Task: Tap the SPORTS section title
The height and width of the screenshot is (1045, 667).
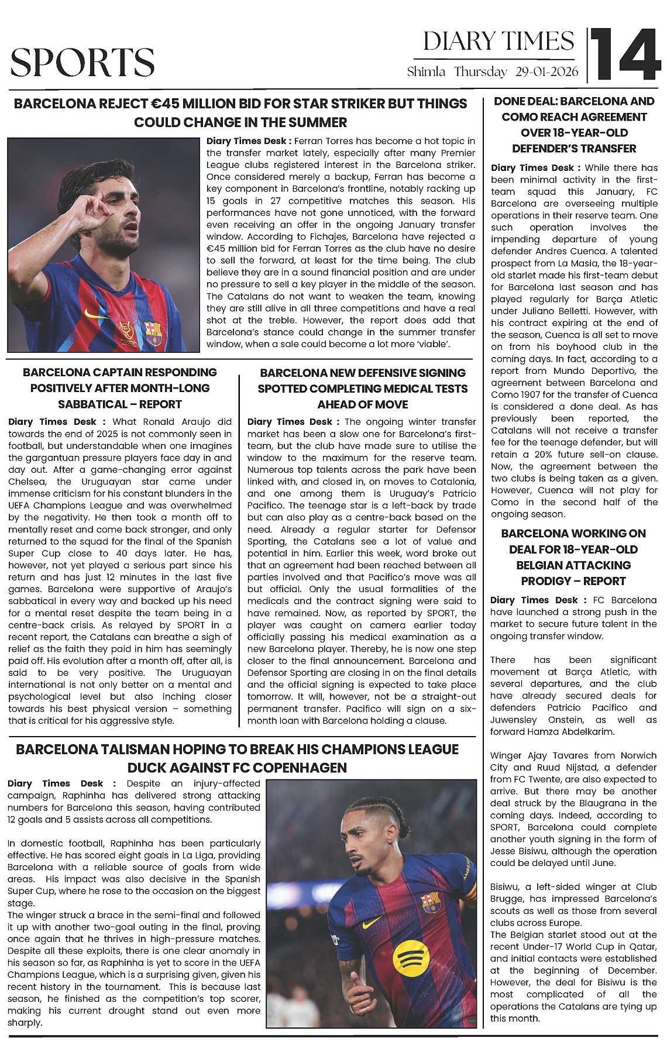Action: pos(82,63)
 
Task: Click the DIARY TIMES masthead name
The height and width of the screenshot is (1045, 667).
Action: pos(498,42)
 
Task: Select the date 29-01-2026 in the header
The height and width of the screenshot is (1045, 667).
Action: pos(546,72)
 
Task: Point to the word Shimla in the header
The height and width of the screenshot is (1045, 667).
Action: pos(426,72)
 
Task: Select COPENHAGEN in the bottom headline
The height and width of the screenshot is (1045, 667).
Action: pos(298,768)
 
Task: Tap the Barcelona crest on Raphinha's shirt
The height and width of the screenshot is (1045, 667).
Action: pos(431,901)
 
